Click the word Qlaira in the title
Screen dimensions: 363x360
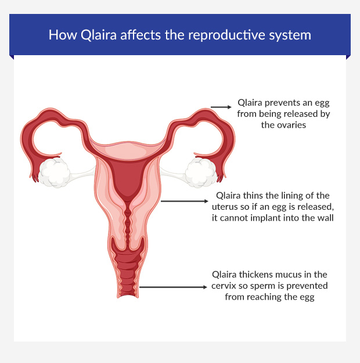point(90,35)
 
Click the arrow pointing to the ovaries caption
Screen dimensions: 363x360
point(220,107)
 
